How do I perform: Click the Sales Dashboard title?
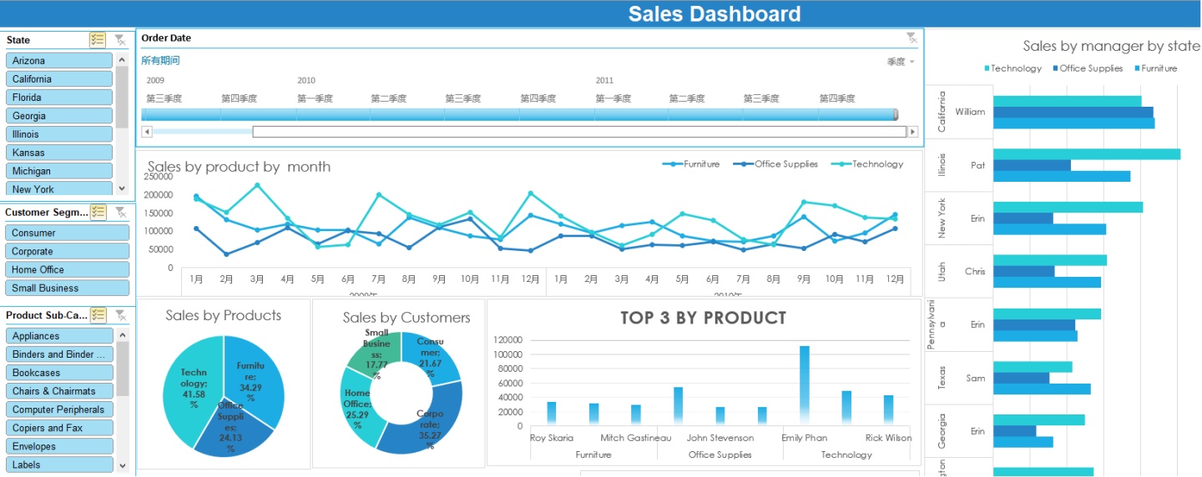(714, 14)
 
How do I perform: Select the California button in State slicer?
(58, 79)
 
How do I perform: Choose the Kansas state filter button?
(58, 153)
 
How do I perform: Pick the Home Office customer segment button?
(67, 269)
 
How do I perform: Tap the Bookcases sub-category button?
(58, 373)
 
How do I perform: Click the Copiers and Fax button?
(58, 428)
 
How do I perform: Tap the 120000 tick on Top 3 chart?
(508, 340)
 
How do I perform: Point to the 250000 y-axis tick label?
(158, 177)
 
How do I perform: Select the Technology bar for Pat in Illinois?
(1085, 154)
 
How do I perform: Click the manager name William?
(970, 112)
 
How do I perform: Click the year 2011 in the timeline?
(604, 81)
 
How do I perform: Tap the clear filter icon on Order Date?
(912, 38)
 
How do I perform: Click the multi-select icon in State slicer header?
(98, 40)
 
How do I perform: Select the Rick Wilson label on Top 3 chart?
(888, 438)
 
